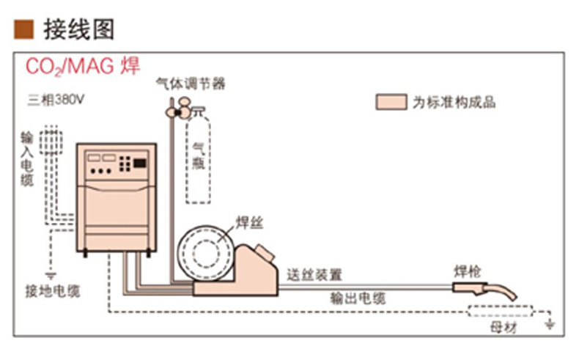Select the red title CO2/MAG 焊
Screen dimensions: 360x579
tap(83, 67)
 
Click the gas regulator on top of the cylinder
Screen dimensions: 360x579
tap(182, 110)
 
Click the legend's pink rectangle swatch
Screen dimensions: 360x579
tap(391, 102)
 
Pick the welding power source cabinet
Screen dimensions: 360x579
tap(117, 196)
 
